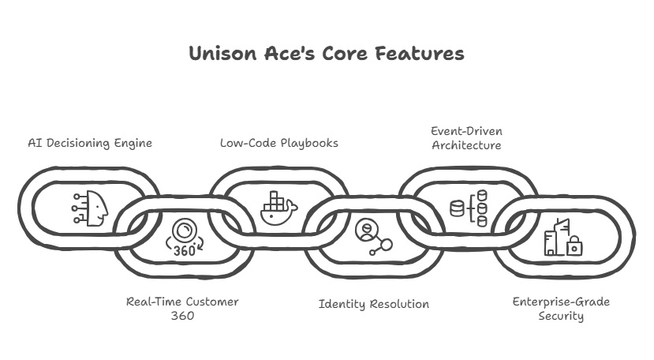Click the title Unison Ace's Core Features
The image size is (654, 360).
[x=327, y=54]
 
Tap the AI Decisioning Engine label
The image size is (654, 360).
[x=90, y=143]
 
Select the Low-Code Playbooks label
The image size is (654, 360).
[x=278, y=143]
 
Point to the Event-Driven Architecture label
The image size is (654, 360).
[x=465, y=137]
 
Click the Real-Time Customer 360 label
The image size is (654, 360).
[x=182, y=309]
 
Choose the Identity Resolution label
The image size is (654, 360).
[x=373, y=304]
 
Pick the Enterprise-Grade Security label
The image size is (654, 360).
[x=561, y=309]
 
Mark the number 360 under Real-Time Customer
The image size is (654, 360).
[x=182, y=316]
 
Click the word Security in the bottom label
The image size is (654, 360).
[x=561, y=316]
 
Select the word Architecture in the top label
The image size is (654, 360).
[x=465, y=145]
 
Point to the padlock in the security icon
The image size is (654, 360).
[x=574, y=248]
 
